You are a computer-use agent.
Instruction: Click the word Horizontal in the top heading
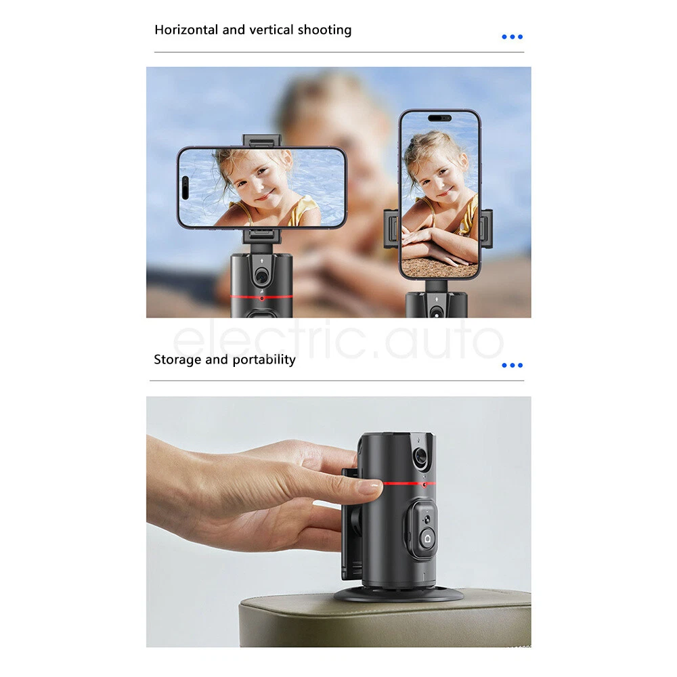point(186,29)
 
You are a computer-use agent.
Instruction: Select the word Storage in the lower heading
point(177,359)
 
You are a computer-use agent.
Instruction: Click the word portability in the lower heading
point(264,359)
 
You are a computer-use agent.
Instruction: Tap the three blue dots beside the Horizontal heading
point(512,37)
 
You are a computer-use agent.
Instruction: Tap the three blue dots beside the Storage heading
point(512,366)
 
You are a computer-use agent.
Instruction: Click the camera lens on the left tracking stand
point(261,276)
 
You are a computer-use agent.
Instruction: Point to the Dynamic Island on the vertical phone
point(439,118)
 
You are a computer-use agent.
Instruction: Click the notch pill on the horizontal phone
point(185,188)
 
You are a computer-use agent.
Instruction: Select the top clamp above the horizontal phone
point(261,141)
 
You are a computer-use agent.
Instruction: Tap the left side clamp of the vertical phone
point(391,228)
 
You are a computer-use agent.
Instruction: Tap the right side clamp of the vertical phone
point(487,228)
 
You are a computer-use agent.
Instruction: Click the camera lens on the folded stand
point(420,456)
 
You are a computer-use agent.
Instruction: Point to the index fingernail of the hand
point(370,488)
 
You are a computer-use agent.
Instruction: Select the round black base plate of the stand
point(399,596)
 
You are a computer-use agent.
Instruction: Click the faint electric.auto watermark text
point(338,339)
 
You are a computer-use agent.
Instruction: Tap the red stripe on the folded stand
point(409,483)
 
